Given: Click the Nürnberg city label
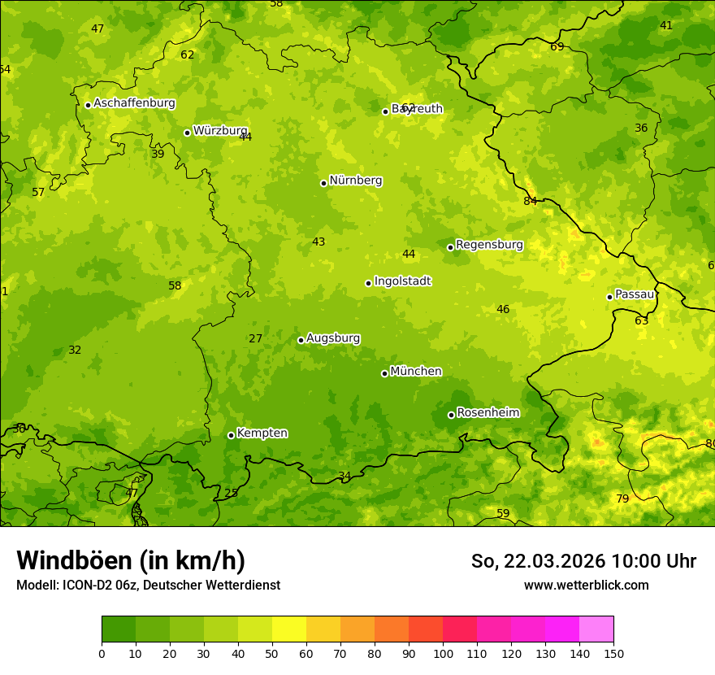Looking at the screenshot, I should [356, 181].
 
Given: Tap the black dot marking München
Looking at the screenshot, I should [384, 373].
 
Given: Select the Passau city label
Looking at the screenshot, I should [635, 294].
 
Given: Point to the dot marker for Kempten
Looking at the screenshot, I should [231, 435].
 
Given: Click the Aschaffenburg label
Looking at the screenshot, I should [134, 103].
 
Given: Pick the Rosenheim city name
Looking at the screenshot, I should [487, 413].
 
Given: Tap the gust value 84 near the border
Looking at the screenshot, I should [531, 201].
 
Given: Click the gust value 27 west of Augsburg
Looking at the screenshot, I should [256, 338].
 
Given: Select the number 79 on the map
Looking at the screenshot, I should [622, 499].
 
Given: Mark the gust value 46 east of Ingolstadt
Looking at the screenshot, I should [503, 309].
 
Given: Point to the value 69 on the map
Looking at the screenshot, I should [557, 46].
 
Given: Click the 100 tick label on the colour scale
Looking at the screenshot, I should [443, 653].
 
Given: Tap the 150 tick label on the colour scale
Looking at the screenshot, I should [613, 653].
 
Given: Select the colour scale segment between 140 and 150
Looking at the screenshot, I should [596, 629].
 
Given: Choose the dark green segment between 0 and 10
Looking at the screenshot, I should [119, 629].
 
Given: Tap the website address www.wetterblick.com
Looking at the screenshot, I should [586, 585].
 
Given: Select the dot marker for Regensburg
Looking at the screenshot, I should [450, 247].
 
